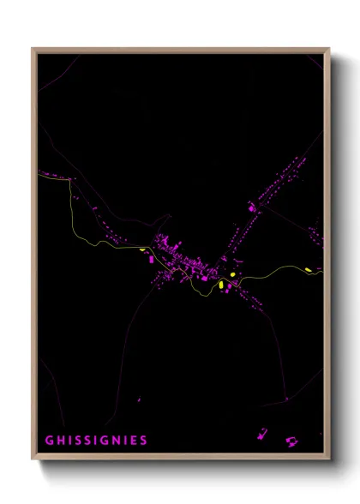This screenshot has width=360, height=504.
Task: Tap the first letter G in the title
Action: (49, 441)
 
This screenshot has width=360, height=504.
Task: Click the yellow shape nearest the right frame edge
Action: (309, 271)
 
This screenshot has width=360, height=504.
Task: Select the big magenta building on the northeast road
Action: (252, 207)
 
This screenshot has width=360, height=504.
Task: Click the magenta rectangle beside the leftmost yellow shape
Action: (151, 258)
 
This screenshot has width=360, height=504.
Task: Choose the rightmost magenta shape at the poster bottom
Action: (292, 441)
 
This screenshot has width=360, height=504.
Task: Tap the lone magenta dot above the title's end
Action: (139, 399)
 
